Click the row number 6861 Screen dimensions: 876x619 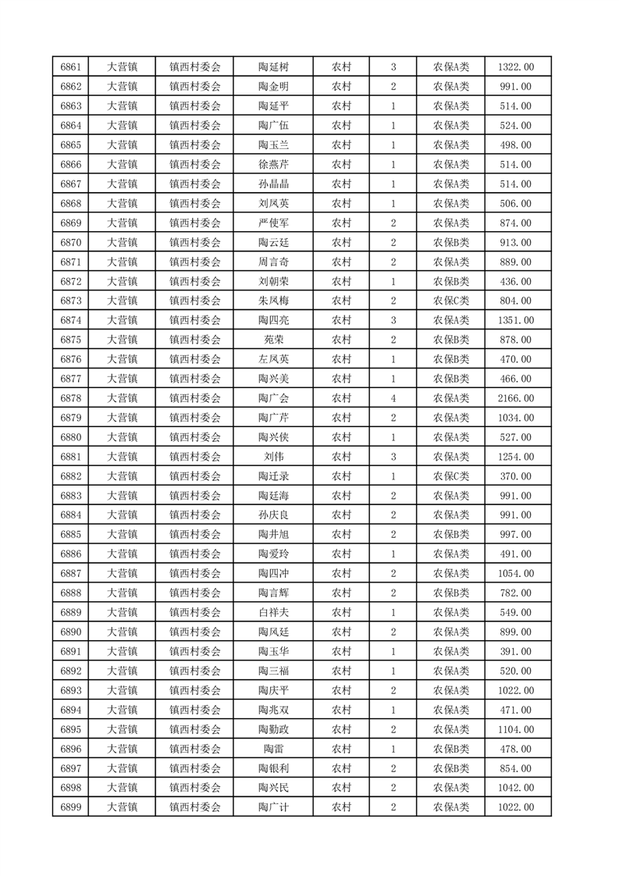point(71,67)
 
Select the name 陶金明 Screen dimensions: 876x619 point(273,87)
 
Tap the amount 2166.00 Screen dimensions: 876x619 point(515,398)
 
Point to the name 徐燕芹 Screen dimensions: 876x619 point(273,165)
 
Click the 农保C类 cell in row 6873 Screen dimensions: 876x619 point(451,301)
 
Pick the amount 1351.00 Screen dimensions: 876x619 point(515,320)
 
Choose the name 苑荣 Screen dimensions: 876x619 point(273,340)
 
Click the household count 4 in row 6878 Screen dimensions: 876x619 point(393,398)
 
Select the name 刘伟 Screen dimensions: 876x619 point(273,457)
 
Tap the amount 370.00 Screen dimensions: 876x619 point(515,476)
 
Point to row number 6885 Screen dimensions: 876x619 point(71,535)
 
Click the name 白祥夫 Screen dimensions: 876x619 point(273,613)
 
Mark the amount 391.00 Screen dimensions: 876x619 point(515,651)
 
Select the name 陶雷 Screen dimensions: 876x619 point(273,749)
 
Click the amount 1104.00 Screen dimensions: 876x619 point(515,729)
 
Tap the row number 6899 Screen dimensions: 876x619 point(71,807)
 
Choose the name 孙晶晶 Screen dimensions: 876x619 point(273,184)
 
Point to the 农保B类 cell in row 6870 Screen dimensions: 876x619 point(451,243)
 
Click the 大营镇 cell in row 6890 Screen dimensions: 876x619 point(122,632)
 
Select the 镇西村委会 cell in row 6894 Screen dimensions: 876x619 point(195,710)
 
